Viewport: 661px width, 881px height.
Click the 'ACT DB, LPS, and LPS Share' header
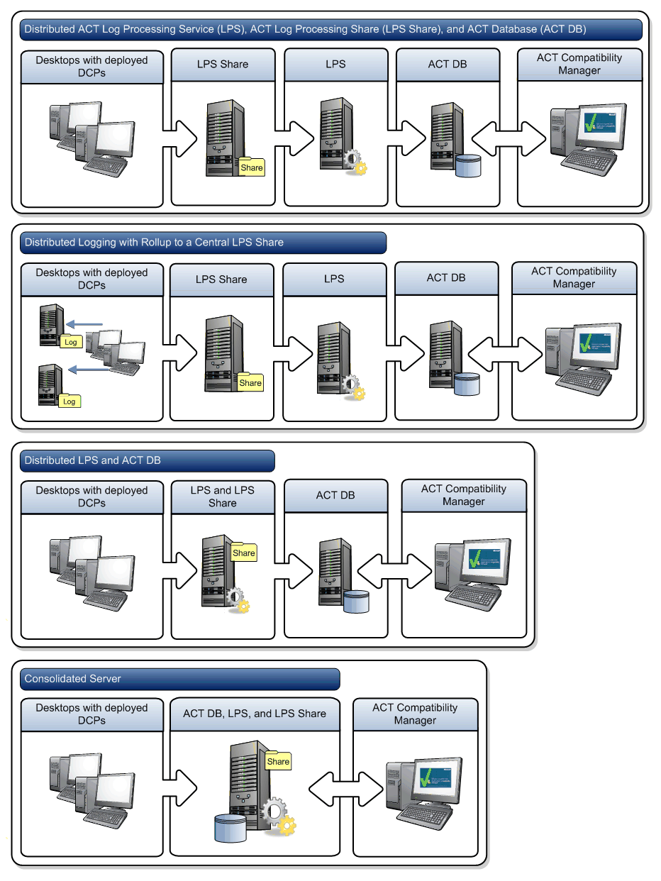(x=255, y=714)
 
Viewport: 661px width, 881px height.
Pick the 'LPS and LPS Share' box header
(x=222, y=497)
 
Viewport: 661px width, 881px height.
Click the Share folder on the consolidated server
(x=278, y=760)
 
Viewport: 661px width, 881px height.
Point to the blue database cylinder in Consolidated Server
(x=230, y=828)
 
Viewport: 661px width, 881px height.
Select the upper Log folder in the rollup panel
(x=70, y=341)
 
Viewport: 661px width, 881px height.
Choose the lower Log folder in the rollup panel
(x=69, y=400)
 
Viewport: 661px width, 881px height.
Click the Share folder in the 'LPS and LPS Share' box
(x=243, y=552)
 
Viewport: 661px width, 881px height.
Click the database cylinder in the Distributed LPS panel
(x=357, y=602)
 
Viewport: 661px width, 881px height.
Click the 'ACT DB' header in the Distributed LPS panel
(x=335, y=495)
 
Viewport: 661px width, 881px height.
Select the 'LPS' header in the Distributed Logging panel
(x=334, y=279)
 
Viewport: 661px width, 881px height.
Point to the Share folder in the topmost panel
(x=252, y=167)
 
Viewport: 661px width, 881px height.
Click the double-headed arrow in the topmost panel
(x=509, y=131)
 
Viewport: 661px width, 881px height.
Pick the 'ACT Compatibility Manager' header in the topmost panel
(x=579, y=64)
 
